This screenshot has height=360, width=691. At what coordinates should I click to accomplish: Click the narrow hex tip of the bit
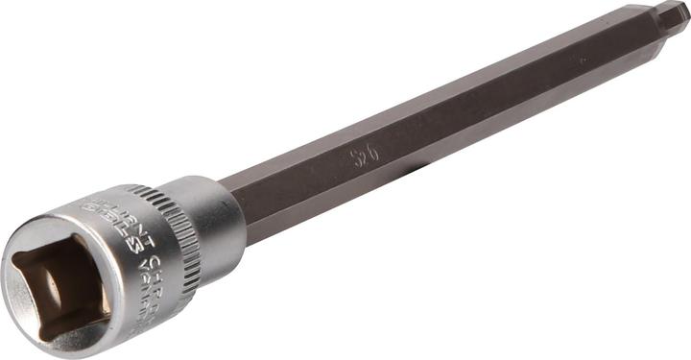(671, 16)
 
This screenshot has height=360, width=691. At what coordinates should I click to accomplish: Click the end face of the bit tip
(684, 12)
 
